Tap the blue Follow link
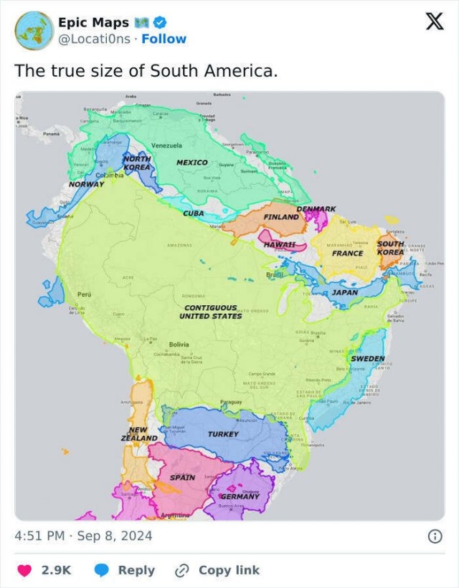[164, 39]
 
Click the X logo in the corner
[434, 22]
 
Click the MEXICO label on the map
[192, 163]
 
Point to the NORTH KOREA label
[137, 163]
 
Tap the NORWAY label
[87, 184]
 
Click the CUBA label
[193, 213]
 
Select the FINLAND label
[281, 216]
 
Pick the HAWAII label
[280, 244]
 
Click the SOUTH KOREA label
[391, 249]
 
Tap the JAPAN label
[345, 292]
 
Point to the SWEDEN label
[368, 358]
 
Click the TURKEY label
[223, 434]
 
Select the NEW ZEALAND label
[139, 434]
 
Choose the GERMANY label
[240, 496]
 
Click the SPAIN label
[182, 477]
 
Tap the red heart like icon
[24, 570]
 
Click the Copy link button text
[229, 570]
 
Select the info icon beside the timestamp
[434, 536]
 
